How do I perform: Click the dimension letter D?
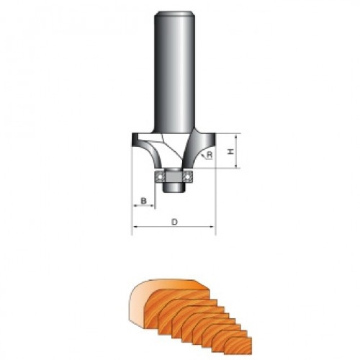click(x=174, y=222)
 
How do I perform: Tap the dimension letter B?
click(x=143, y=200)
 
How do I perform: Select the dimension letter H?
click(x=230, y=151)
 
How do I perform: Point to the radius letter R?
click(x=210, y=155)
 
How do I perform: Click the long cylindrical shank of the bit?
click(x=174, y=72)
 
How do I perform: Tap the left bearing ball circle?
click(x=160, y=177)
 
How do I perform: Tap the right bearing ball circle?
click(x=187, y=177)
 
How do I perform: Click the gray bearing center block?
click(x=174, y=176)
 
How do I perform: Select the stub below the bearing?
click(x=174, y=187)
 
